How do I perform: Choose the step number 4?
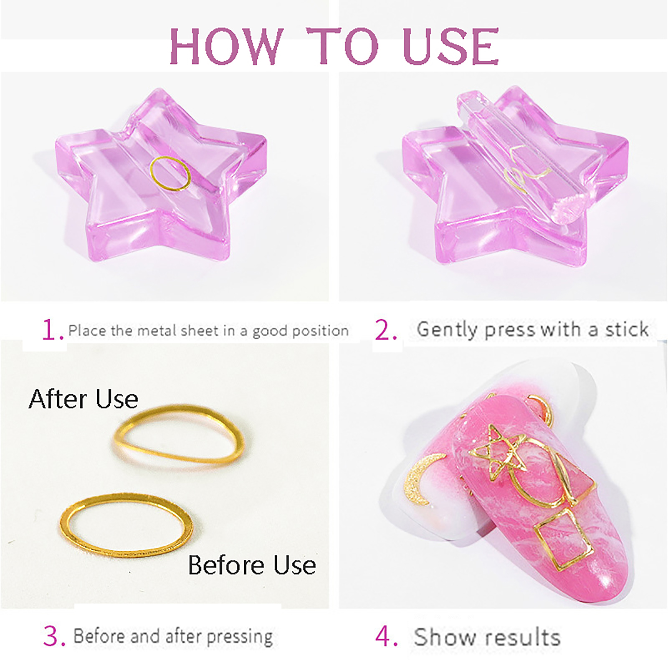pos(386,637)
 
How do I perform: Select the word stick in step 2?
pos(627,329)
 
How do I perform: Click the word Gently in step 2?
pos(447,330)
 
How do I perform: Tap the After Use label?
pos(83,399)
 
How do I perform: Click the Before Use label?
pos(252,565)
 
